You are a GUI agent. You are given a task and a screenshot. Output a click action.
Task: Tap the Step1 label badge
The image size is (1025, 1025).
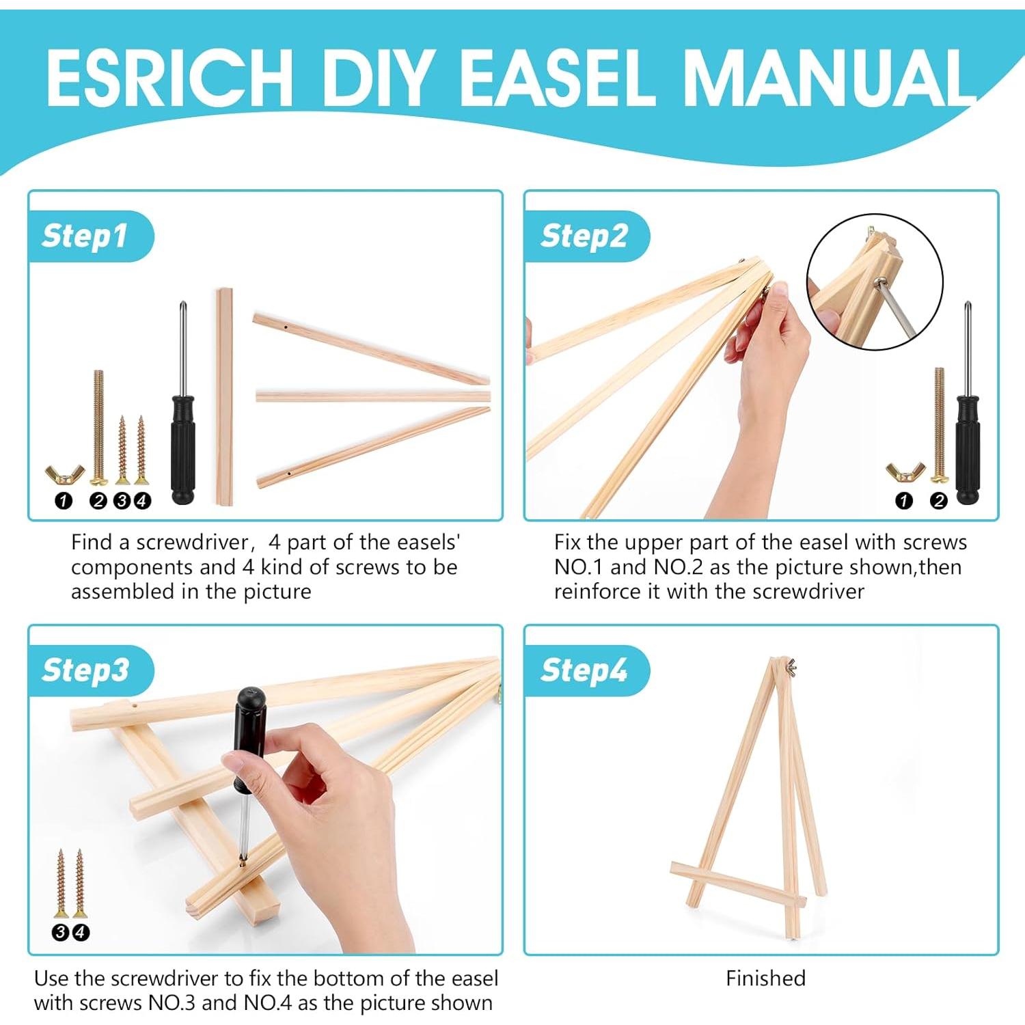[85, 236]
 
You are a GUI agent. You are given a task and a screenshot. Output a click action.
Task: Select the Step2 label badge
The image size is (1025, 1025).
[584, 236]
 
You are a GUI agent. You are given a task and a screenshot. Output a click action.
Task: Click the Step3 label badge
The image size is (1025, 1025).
[85, 670]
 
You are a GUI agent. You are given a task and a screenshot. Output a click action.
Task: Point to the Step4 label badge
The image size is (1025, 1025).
[584, 670]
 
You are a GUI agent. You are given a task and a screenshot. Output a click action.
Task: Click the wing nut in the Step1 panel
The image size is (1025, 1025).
[64, 474]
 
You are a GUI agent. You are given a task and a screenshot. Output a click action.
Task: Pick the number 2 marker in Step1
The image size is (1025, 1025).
[98, 501]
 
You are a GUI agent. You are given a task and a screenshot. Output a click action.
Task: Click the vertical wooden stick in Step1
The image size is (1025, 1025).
[224, 396]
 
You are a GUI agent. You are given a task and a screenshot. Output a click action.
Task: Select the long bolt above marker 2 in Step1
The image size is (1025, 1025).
[98, 424]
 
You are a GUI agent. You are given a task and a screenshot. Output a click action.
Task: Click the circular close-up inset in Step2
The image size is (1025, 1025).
[875, 282]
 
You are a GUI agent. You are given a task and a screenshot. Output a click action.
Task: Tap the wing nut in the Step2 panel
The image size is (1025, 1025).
[905, 471]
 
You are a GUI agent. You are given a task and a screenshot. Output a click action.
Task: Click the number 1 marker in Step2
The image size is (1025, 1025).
[904, 501]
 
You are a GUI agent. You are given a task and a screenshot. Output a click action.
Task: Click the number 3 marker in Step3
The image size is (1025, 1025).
[61, 932]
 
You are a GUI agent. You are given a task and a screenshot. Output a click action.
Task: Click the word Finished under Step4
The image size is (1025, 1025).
[765, 979]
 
